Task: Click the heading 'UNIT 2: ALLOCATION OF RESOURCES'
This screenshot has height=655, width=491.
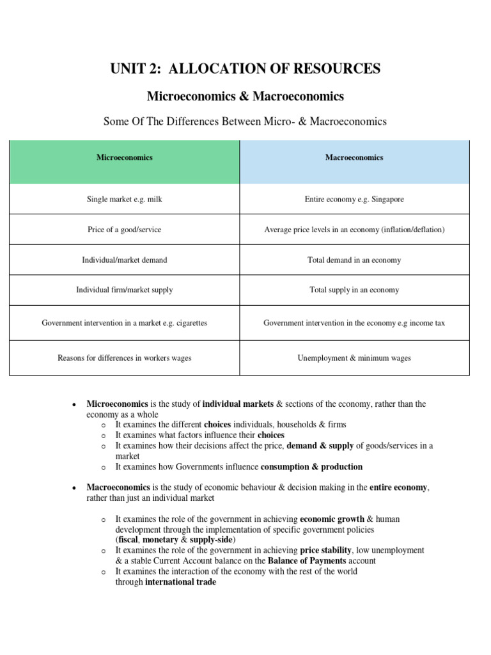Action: (245, 68)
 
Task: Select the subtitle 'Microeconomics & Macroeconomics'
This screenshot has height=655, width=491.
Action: (245, 97)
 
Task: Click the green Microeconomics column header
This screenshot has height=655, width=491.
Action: (125, 157)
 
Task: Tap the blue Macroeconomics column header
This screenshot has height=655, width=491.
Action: (354, 157)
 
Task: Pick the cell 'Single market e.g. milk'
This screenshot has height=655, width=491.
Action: (125, 200)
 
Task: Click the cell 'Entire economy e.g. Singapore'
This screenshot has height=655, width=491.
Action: (354, 200)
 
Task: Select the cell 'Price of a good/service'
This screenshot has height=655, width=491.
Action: (125, 230)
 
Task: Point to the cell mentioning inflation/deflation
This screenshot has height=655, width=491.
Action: (354, 230)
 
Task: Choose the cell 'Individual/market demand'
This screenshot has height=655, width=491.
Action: (125, 260)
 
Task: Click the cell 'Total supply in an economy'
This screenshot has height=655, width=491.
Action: (354, 290)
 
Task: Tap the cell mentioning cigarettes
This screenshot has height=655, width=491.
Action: (125, 323)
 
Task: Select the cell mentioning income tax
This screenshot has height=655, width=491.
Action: (354, 323)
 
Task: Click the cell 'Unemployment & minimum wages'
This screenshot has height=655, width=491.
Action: (354, 358)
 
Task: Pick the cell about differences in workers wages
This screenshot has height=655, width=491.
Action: (125, 358)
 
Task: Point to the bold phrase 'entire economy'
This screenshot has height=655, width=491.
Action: (399, 487)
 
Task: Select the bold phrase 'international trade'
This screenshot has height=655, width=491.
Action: (181, 582)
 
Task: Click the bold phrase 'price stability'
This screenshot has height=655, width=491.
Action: (326, 550)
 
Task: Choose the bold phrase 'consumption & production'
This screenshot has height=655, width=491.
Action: (312, 467)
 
